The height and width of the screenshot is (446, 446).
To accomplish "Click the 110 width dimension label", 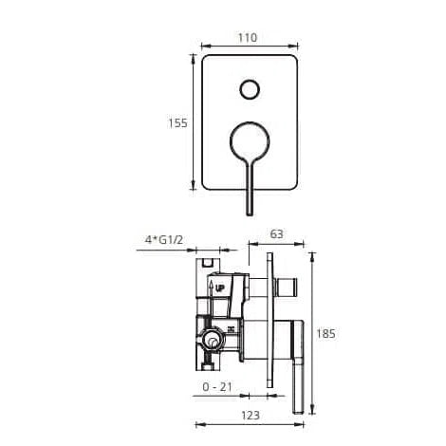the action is click(248, 38).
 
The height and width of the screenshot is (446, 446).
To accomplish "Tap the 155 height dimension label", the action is click(177, 123).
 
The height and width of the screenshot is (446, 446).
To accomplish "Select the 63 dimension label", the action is click(276, 234).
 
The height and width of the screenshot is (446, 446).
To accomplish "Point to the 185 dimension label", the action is click(325, 333).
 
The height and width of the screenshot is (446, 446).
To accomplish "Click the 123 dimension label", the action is click(251, 416).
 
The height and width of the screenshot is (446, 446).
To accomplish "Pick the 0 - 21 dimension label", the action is click(217, 387).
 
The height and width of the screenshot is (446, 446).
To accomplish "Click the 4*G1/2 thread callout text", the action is click(164, 240).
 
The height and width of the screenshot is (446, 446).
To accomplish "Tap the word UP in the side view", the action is click(220, 288).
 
